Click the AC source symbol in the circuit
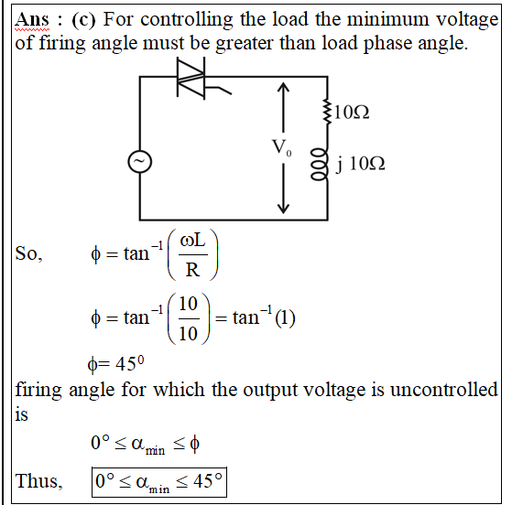click(140, 162)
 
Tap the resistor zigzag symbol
click(327, 112)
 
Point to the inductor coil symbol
click(320, 165)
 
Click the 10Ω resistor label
click(351, 112)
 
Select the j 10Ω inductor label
click(360, 164)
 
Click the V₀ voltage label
click(282, 147)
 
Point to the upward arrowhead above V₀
click(283, 87)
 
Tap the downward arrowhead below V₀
click(283, 209)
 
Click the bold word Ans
click(32, 19)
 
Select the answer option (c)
click(83, 19)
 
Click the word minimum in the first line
click(387, 19)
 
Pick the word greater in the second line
click(245, 44)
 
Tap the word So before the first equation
click(28, 253)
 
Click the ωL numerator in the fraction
click(192, 240)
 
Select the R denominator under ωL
click(192, 270)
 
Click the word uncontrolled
click(443, 390)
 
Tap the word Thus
click(38, 481)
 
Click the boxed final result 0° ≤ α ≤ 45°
click(159, 482)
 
